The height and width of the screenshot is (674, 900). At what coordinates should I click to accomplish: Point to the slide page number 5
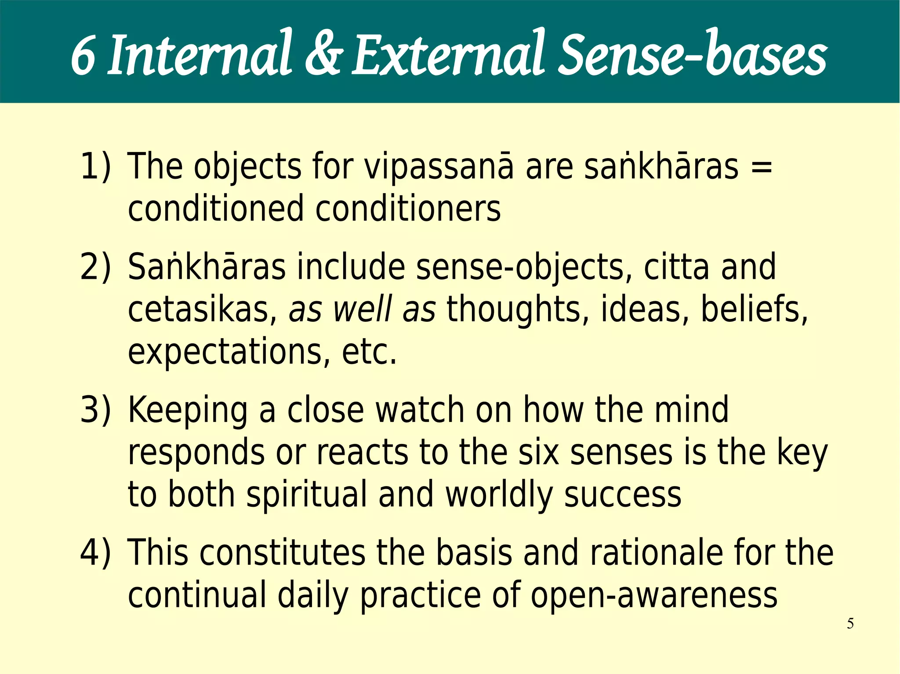[850, 624]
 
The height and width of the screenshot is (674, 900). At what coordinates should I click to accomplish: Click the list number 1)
[95, 166]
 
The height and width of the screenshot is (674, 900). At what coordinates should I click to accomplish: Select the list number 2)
[95, 267]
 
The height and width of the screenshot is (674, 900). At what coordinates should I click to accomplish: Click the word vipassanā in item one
[439, 167]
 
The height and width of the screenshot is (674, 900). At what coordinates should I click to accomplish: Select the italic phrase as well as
[362, 310]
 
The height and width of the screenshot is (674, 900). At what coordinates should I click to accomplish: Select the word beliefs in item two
[754, 310]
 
